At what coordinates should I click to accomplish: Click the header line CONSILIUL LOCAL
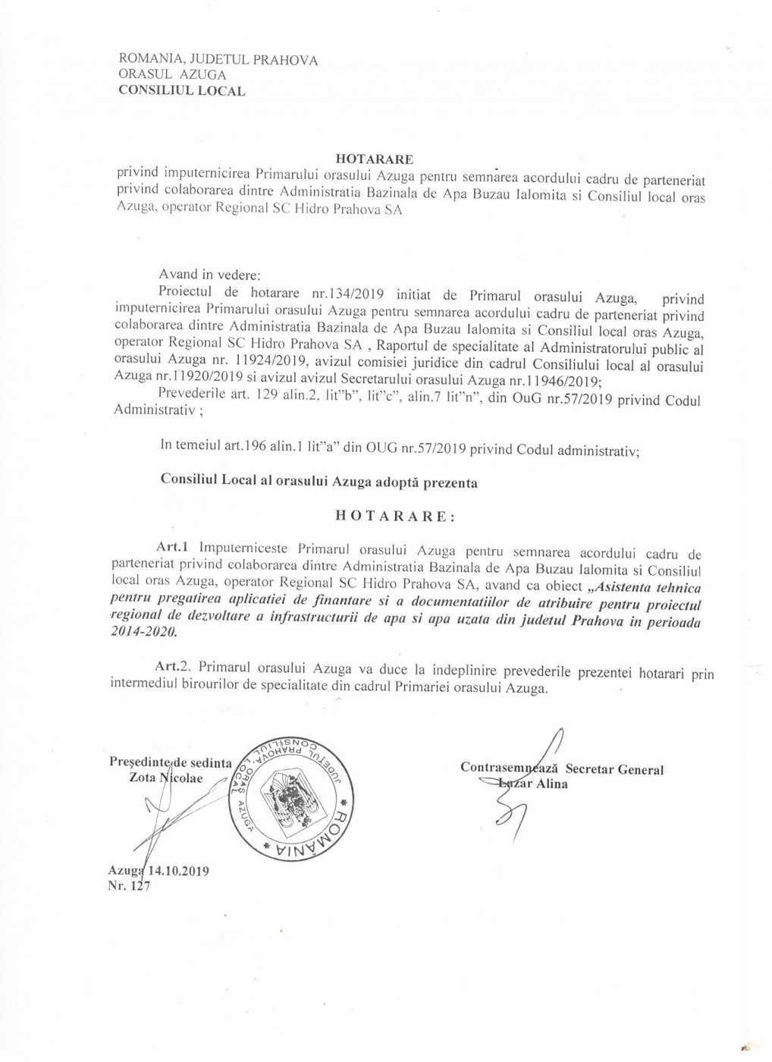tap(181, 91)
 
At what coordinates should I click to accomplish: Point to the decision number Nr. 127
tap(130, 884)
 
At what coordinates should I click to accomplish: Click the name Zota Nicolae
tap(166, 779)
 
